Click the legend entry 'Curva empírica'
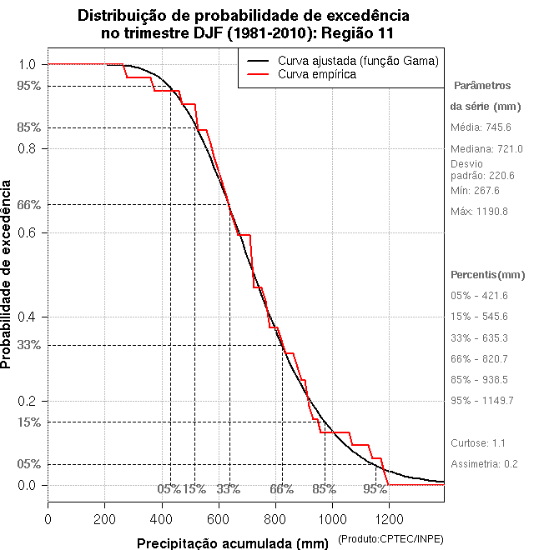pyautogui.click(x=317, y=74)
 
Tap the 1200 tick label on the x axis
pyautogui.click(x=390, y=519)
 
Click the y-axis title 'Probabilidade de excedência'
pyautogui.click(x=8, y=273)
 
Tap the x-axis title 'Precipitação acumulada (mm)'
pyautogui.click(x=232, y=543)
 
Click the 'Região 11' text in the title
pyautogui.click(x=359, y=32)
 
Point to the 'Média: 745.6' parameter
pyautogui.click(x=481, y=127)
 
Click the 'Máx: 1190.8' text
pyautogui.click(x=479, y=212)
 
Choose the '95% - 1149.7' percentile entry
pyautogui.click(x=481, y=400)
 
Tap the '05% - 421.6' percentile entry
pyautogui.click(x=479, y=296)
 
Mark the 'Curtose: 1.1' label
pyautogui.click(x=478, y=442)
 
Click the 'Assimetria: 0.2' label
pyautogui.click(x=484, y=463)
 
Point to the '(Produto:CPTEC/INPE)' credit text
pyautogui.click(x=390, y=541)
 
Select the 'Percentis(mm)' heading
pyautogui.click(x=488, y=275)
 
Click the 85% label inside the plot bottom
pyautogui.click(x=324, y=489)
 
